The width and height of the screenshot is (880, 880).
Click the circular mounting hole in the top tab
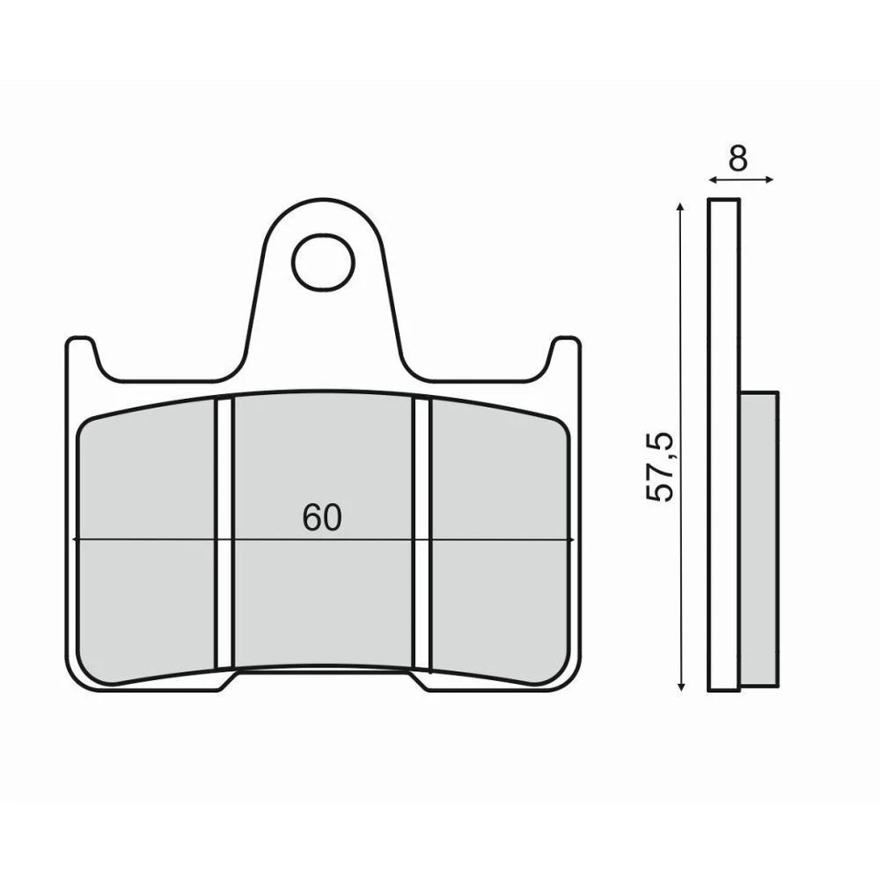tap(323, 262)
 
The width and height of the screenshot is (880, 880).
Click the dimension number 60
tap(322, 519)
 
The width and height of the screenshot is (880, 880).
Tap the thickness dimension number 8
tap(738, 159)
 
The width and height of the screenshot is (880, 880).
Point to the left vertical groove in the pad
tap(225, 532)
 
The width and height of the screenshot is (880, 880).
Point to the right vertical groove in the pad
tap(422, 532)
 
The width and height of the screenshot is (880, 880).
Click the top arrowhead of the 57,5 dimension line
tap(680, 207)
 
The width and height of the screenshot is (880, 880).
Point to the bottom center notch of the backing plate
tap(323, 679)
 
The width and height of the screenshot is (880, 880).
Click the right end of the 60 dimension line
tap(572, 540)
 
